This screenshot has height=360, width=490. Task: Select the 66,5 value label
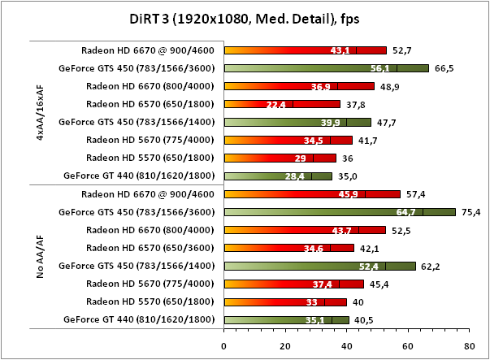point(444,68)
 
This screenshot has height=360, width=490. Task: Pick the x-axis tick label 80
point(469,345)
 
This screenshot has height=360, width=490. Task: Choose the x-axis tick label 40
point(346,345)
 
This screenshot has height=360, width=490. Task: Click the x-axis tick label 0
point(223,345)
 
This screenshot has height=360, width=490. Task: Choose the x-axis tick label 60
point(408,345)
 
